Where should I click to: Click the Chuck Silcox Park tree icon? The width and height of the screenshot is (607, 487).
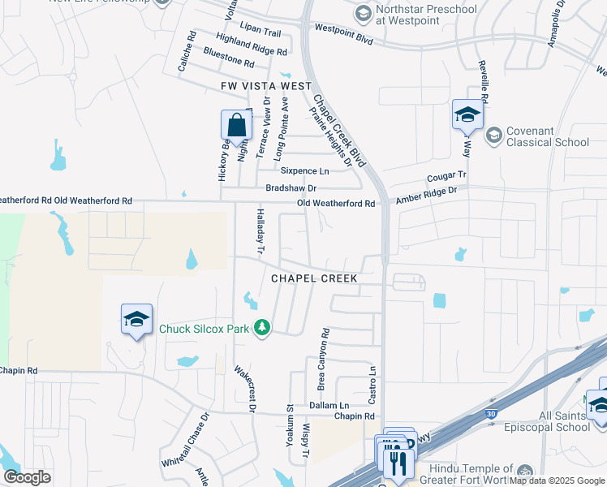[261, 328]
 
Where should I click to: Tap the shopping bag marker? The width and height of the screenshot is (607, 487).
[236, 127]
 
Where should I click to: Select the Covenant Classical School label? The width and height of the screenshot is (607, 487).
[548, 136]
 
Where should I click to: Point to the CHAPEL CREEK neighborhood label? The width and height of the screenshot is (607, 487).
[314, 278]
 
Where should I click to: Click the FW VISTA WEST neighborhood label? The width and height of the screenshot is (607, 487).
[266, 86]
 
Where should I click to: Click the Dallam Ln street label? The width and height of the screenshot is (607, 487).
[329, 405]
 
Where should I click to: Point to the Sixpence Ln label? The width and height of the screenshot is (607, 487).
[305, 171]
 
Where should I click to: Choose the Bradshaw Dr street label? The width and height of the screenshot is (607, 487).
[291, 187]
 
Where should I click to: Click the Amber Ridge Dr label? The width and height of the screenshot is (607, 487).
[426, 195]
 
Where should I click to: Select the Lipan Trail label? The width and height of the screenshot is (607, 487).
[260, 33]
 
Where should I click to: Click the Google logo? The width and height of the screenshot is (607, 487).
[27, 477]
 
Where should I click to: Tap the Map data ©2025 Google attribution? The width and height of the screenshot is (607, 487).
[556, 481]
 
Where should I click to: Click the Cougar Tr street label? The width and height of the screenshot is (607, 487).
[447, 175]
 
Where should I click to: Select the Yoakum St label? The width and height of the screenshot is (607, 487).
[289, 420]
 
